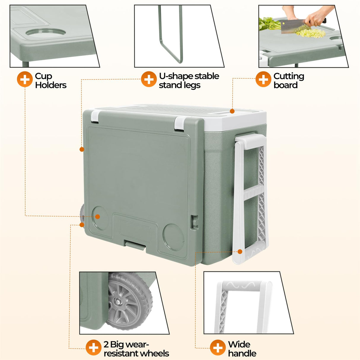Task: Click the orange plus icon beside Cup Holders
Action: [25, 79]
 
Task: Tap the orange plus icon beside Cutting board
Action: [263, 79]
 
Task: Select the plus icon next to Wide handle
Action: [218, 348]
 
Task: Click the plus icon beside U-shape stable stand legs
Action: [149, 79]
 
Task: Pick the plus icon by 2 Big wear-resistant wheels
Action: [93, 348]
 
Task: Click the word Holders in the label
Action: [51, 85]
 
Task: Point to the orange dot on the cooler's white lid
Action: [232, 111]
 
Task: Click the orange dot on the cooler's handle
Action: [240, 251]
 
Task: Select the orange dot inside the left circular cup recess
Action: [97, 217]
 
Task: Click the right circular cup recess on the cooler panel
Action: [173, 236]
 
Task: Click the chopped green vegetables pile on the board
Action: [310, 33]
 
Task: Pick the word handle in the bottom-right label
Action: [242, 353]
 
